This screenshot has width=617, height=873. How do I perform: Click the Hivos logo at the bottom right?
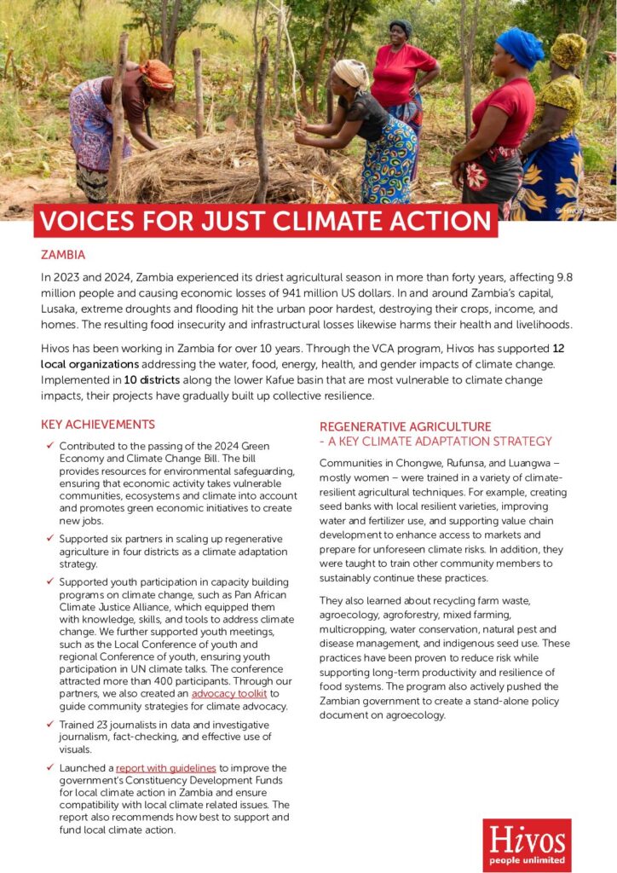[527, 844]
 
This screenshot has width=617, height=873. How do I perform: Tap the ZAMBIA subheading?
[63, 255]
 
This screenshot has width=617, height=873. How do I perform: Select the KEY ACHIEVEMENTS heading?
[98, 425]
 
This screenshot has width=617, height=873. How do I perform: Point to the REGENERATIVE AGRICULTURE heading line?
[406, 426]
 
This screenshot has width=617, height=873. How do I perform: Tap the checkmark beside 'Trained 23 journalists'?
[49, 724]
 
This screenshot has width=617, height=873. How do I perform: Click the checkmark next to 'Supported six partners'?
[49, 539]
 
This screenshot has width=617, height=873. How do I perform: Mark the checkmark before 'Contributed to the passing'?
[49, 446]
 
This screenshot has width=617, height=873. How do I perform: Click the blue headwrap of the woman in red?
[520, 47]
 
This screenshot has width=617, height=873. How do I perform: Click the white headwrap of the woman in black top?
[351, 72]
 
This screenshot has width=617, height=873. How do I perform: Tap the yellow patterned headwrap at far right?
[568, 50]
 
